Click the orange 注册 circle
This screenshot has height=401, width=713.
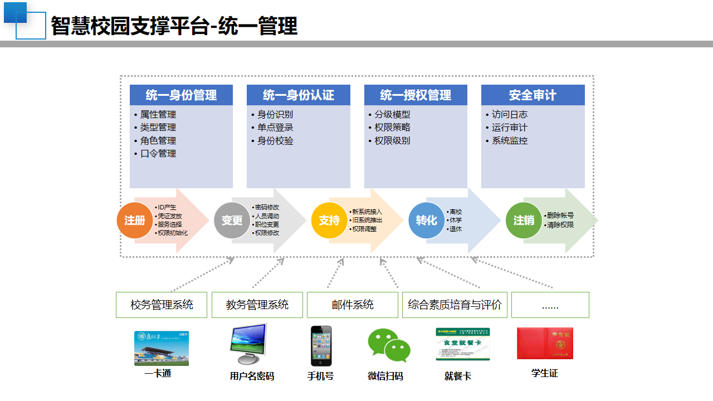tap(134, 221)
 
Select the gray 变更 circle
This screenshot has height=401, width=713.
tap(232, 221)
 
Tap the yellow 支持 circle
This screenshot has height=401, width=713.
tap(329, 221)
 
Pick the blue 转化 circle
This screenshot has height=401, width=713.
tap(426, 221)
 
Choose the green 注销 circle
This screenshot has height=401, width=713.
tap(523, 221)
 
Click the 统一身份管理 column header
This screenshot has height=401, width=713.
tap(181, 95)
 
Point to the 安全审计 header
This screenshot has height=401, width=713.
tap(533, 95)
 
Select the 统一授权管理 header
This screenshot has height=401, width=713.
tap(416, 95)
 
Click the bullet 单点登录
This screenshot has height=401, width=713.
tap(275, 128)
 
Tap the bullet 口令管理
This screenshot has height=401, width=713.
tap(158, 154)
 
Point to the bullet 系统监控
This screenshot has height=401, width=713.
tap(509, 141)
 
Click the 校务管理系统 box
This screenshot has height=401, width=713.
tap(162, 305)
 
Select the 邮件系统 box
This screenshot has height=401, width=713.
tap(353, 305)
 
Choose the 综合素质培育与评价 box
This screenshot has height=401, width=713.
tap(455, 305)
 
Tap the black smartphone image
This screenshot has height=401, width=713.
tap(321, 346)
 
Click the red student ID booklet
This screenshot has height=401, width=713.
tap(544, 343)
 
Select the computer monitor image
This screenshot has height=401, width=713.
tap(248, 344)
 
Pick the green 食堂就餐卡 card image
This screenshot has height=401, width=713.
tap(462, 344)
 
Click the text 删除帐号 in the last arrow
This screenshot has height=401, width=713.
tap(560, 216)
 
